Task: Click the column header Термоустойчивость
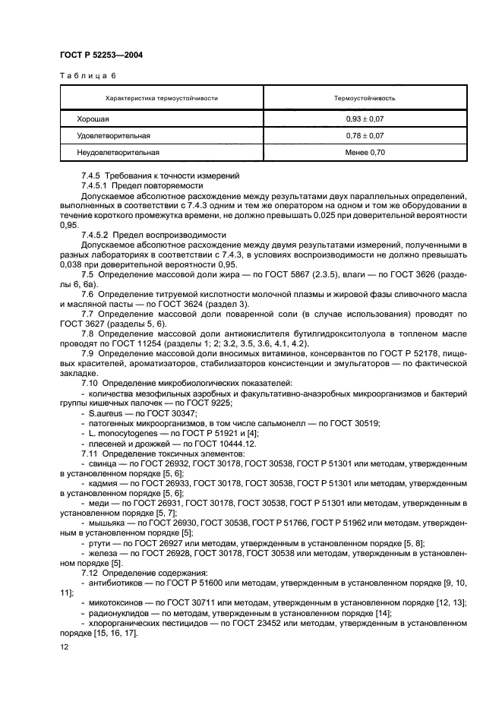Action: (x=365, y=98)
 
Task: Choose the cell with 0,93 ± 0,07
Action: (x=365, y=119)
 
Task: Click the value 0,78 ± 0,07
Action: (x=365, y=135)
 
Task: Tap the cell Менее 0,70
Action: (x=365, y=152)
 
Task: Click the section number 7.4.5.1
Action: (x=97, y=185)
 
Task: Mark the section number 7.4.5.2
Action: (x=97, y=235)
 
